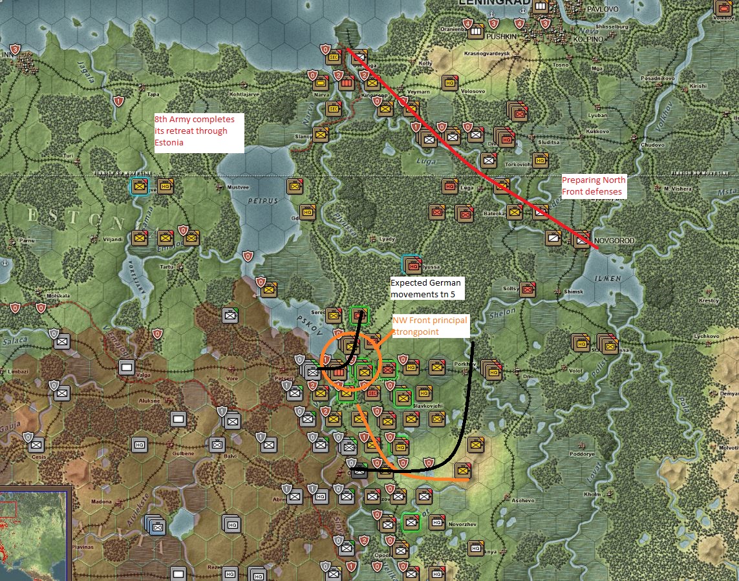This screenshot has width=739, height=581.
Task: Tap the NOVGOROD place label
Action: tap(615, 241)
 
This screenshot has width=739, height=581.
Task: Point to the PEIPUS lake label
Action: tap(262, 201)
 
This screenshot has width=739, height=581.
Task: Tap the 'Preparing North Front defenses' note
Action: tap(593, 186)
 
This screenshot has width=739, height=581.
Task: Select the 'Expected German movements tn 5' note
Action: tap(427, 288)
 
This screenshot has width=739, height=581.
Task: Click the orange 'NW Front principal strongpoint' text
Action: tap(429, 326)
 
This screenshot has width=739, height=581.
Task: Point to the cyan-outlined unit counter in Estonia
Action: tap(139, 186)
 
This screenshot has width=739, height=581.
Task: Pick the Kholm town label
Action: tap(592, 494)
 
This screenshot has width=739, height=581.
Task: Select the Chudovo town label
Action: tap(652, 145)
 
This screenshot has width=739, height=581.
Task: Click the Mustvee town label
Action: tap(239, 187)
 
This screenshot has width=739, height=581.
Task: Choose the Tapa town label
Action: tap(153, 94)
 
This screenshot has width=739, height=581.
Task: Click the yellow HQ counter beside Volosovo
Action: tap(450, 82)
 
